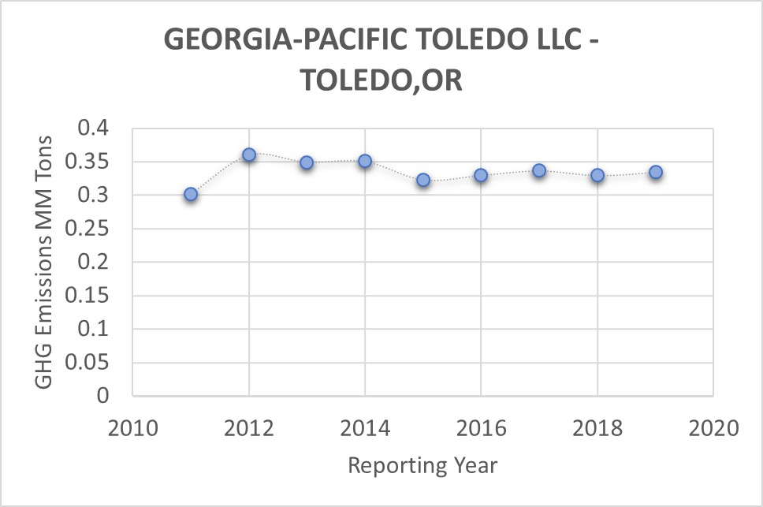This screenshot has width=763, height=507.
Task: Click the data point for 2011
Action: pyautogui.click(x=191, y=194)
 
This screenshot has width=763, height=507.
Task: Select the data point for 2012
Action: pyautogui.click(x=249, y=155)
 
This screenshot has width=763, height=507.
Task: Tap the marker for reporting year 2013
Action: pyautogui.click(x=307, y=162)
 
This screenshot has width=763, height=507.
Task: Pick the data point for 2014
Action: pyautogui.click(x=365, y=161)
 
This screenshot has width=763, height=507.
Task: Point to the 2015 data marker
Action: pyautogui.click(x=423, y=180)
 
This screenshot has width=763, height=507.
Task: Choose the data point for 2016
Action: pyautogui.click(x=481, y=175)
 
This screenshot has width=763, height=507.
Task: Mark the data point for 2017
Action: pyautogui.click(x=539, y=170)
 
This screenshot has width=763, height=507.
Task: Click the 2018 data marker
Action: pyautogui.click(x=597, y=175)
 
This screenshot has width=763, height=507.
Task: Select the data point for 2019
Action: pyautogui.click(x=655, y=172)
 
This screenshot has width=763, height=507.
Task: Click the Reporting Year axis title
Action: pyautogui.click(x=422, y=465)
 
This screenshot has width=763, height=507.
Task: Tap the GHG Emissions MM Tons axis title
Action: pyautogui.click(x=44, y=262)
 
